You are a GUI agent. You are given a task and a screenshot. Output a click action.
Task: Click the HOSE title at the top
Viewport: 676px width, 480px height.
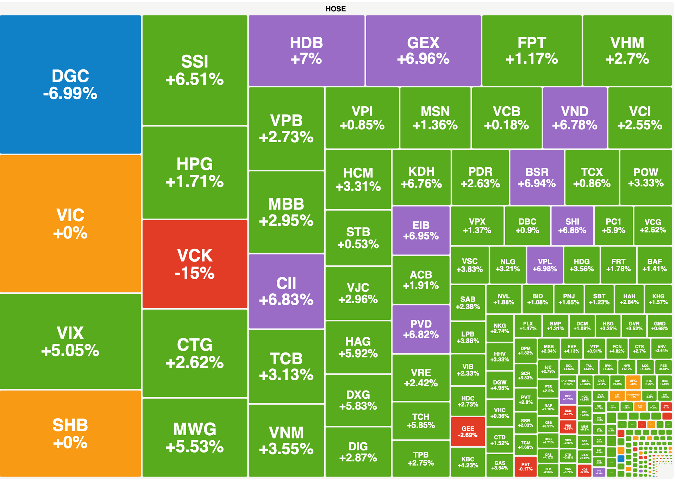pos(335,9)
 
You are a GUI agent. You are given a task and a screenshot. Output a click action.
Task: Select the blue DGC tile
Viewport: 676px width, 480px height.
pos(70,85)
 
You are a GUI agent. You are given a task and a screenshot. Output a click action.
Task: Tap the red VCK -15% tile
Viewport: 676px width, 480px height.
pos(195,264)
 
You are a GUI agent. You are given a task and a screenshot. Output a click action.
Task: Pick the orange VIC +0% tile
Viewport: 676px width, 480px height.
pos(70,224)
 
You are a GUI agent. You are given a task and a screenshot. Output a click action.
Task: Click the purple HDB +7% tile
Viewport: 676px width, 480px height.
pos(306,50)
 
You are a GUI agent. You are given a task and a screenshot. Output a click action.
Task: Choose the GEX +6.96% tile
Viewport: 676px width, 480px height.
pos(423,50)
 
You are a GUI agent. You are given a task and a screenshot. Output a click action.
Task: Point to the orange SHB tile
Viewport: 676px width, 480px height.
pos(70,433)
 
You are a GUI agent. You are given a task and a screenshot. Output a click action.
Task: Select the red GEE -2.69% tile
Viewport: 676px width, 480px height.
pos(468,431)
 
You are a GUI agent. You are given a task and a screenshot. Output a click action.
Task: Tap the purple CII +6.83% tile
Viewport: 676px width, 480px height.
pos(286,291)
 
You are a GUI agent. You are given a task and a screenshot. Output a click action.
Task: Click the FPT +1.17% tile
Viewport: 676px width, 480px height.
pos(532,50)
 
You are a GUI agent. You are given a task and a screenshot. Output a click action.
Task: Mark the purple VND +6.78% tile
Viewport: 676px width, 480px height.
pos(575,118)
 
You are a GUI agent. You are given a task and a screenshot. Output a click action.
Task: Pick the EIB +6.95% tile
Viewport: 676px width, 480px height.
pos(421,230)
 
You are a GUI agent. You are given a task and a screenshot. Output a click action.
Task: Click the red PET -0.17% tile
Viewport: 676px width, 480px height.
pos(525,467)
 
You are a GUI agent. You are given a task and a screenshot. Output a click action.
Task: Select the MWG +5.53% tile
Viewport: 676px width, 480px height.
pos(195,437)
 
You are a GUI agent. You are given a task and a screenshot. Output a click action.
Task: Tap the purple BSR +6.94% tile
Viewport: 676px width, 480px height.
pos(537,177)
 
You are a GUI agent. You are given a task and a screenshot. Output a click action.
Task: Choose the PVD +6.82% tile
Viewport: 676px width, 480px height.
pos(421,329)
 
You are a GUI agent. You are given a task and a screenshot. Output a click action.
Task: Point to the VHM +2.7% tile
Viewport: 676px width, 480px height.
pos(627,50)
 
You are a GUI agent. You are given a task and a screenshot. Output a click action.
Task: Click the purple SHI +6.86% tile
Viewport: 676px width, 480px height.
pos(572,226)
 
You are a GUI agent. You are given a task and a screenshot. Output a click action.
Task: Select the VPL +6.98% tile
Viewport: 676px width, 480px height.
pos(545,265)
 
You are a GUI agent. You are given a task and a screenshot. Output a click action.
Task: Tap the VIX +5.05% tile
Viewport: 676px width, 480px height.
pos(70,341)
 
